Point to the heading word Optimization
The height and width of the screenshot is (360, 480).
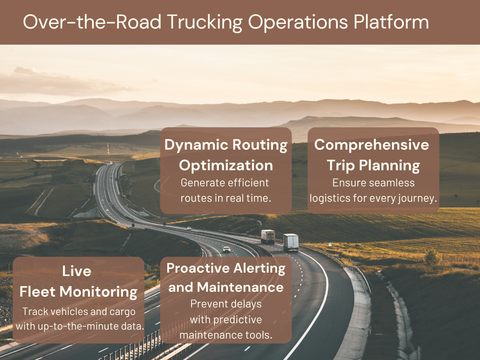pos(226,165)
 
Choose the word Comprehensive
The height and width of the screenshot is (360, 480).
pos(372,145)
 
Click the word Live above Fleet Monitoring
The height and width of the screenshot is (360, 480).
pos(77,271)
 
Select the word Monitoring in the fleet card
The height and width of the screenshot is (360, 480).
pos(99,292)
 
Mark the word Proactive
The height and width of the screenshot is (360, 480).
pos(198,268)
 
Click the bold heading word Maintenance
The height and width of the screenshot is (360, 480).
pos(240,287)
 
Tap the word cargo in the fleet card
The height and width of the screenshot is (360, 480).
pos(123,312)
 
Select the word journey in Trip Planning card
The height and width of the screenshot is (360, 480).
pos(417,198)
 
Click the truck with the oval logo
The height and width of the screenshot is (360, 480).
pos(268,236)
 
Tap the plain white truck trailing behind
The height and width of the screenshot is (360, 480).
pos(291,242)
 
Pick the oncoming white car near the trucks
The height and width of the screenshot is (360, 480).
pos(226,249)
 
